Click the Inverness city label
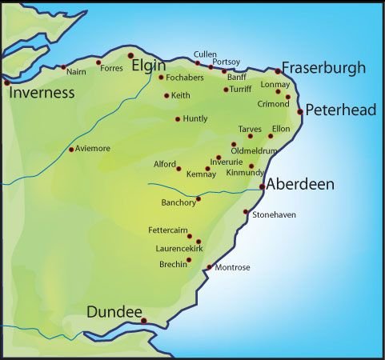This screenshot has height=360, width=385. coord(41,93)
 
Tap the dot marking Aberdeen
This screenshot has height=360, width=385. coord(263,187)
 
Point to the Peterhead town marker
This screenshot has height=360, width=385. coord(300,112)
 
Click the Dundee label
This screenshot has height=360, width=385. coord(114,312)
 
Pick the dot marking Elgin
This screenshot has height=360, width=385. coord(130,55)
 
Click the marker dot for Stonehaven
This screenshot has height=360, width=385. coord(246,212)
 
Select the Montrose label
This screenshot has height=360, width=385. coord(232,267)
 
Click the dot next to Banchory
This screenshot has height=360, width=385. coord(198,199)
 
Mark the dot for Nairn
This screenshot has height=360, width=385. coord(63,67)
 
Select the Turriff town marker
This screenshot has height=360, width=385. coord(225,90)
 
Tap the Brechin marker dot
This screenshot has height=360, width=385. coord(189,260)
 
